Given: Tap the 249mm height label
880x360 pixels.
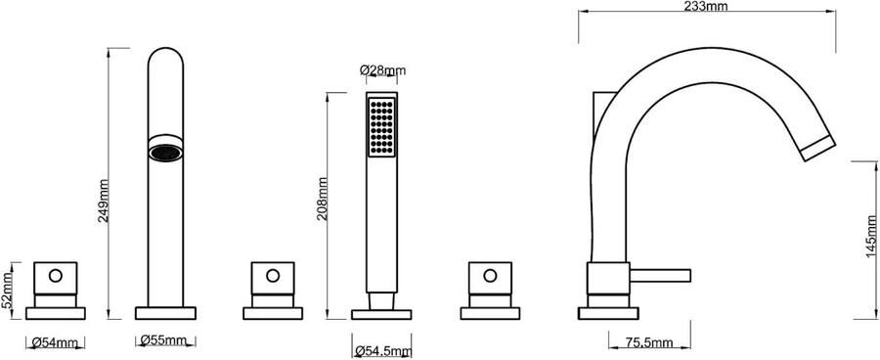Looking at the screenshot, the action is (x=104, y=202).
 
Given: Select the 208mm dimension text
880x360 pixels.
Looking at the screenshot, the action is (x=322, y=199).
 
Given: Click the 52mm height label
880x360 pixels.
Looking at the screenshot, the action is (x=7, y=291).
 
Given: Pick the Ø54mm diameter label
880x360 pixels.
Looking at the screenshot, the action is (x=55, y=341).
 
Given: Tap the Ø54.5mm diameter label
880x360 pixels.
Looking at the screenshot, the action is (x=383, y=351).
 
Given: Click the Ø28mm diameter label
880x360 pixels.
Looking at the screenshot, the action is (x=382, y=70).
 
